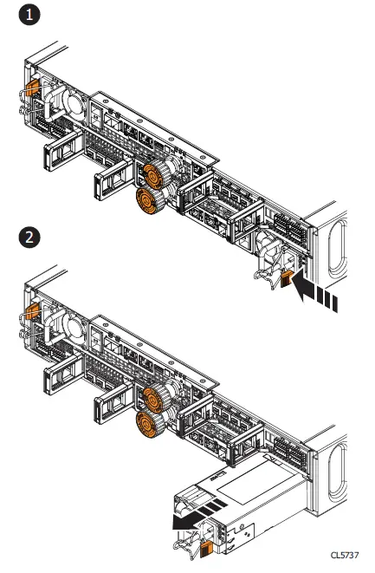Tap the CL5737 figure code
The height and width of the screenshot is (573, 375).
[345, 555]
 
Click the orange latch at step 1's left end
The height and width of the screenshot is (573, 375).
[32, 88]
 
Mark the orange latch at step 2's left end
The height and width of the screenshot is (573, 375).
[32, 312]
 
